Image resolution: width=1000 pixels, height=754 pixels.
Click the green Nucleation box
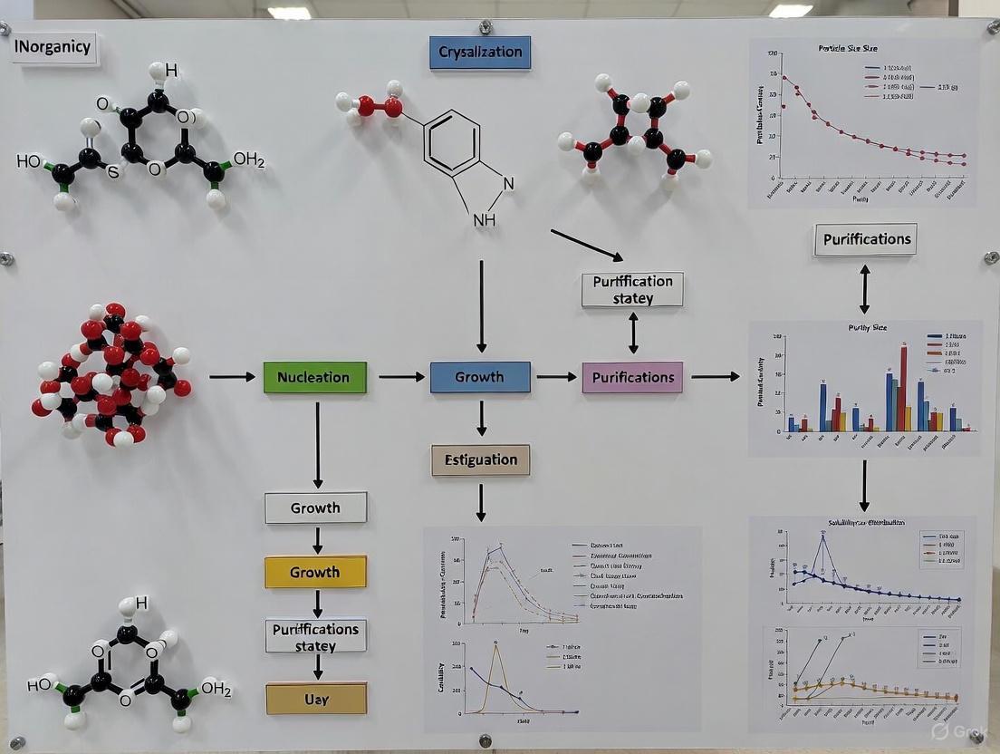pos(314,377)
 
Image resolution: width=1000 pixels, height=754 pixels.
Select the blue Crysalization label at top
pos(479,53)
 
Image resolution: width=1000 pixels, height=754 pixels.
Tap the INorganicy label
pos(54,48)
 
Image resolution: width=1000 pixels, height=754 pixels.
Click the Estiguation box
pos(480,459)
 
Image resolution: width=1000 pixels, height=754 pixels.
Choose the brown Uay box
pos(315,699)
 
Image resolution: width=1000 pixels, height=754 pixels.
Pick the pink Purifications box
pos(632,377)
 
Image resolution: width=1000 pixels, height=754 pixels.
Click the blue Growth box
pos(479,377)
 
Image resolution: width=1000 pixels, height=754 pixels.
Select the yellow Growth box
pos(315,572)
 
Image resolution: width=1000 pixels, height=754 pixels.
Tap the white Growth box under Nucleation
pos(315,507)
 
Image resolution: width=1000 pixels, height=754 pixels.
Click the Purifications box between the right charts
pos(864,239)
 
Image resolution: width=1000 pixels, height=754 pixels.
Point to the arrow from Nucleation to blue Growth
pos(401,376)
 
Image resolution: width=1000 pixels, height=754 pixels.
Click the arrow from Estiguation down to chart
pos(481,501)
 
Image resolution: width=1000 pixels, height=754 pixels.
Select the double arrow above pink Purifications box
pos(633,333)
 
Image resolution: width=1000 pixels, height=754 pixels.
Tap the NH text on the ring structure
pos(485,220)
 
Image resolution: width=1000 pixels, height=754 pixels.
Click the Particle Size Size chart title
pos(847,48)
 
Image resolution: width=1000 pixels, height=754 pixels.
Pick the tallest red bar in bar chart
pos(903,387)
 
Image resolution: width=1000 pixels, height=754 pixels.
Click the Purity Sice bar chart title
pos(867,327)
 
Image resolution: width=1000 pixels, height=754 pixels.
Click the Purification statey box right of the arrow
pos(632,289)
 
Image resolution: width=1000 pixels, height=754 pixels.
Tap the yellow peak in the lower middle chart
pos(495,645)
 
